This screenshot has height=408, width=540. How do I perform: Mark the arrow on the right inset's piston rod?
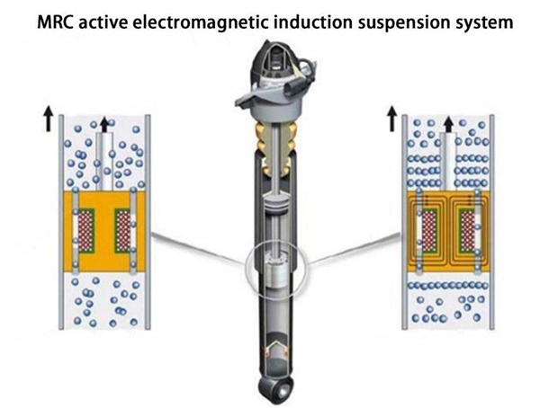447,124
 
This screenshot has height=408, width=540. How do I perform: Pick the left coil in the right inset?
429,226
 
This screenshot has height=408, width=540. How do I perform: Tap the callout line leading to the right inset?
355,248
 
